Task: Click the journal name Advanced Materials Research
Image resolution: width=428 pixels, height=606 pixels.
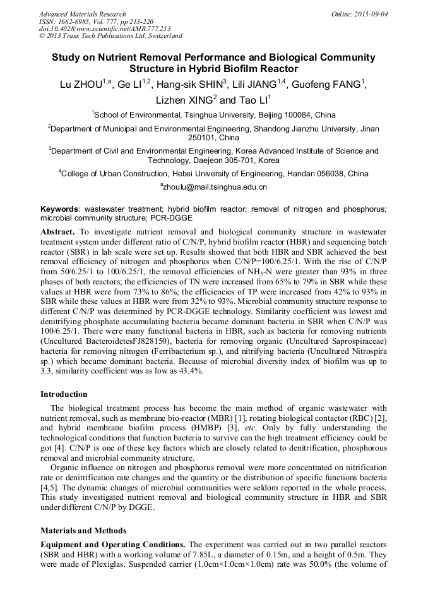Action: click(82, 14)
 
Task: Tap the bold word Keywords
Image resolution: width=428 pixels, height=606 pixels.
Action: click(60, 209)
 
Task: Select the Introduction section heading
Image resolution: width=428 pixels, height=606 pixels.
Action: click(64, 394)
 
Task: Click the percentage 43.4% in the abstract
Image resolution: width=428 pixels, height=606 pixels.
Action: click(188, 371)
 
